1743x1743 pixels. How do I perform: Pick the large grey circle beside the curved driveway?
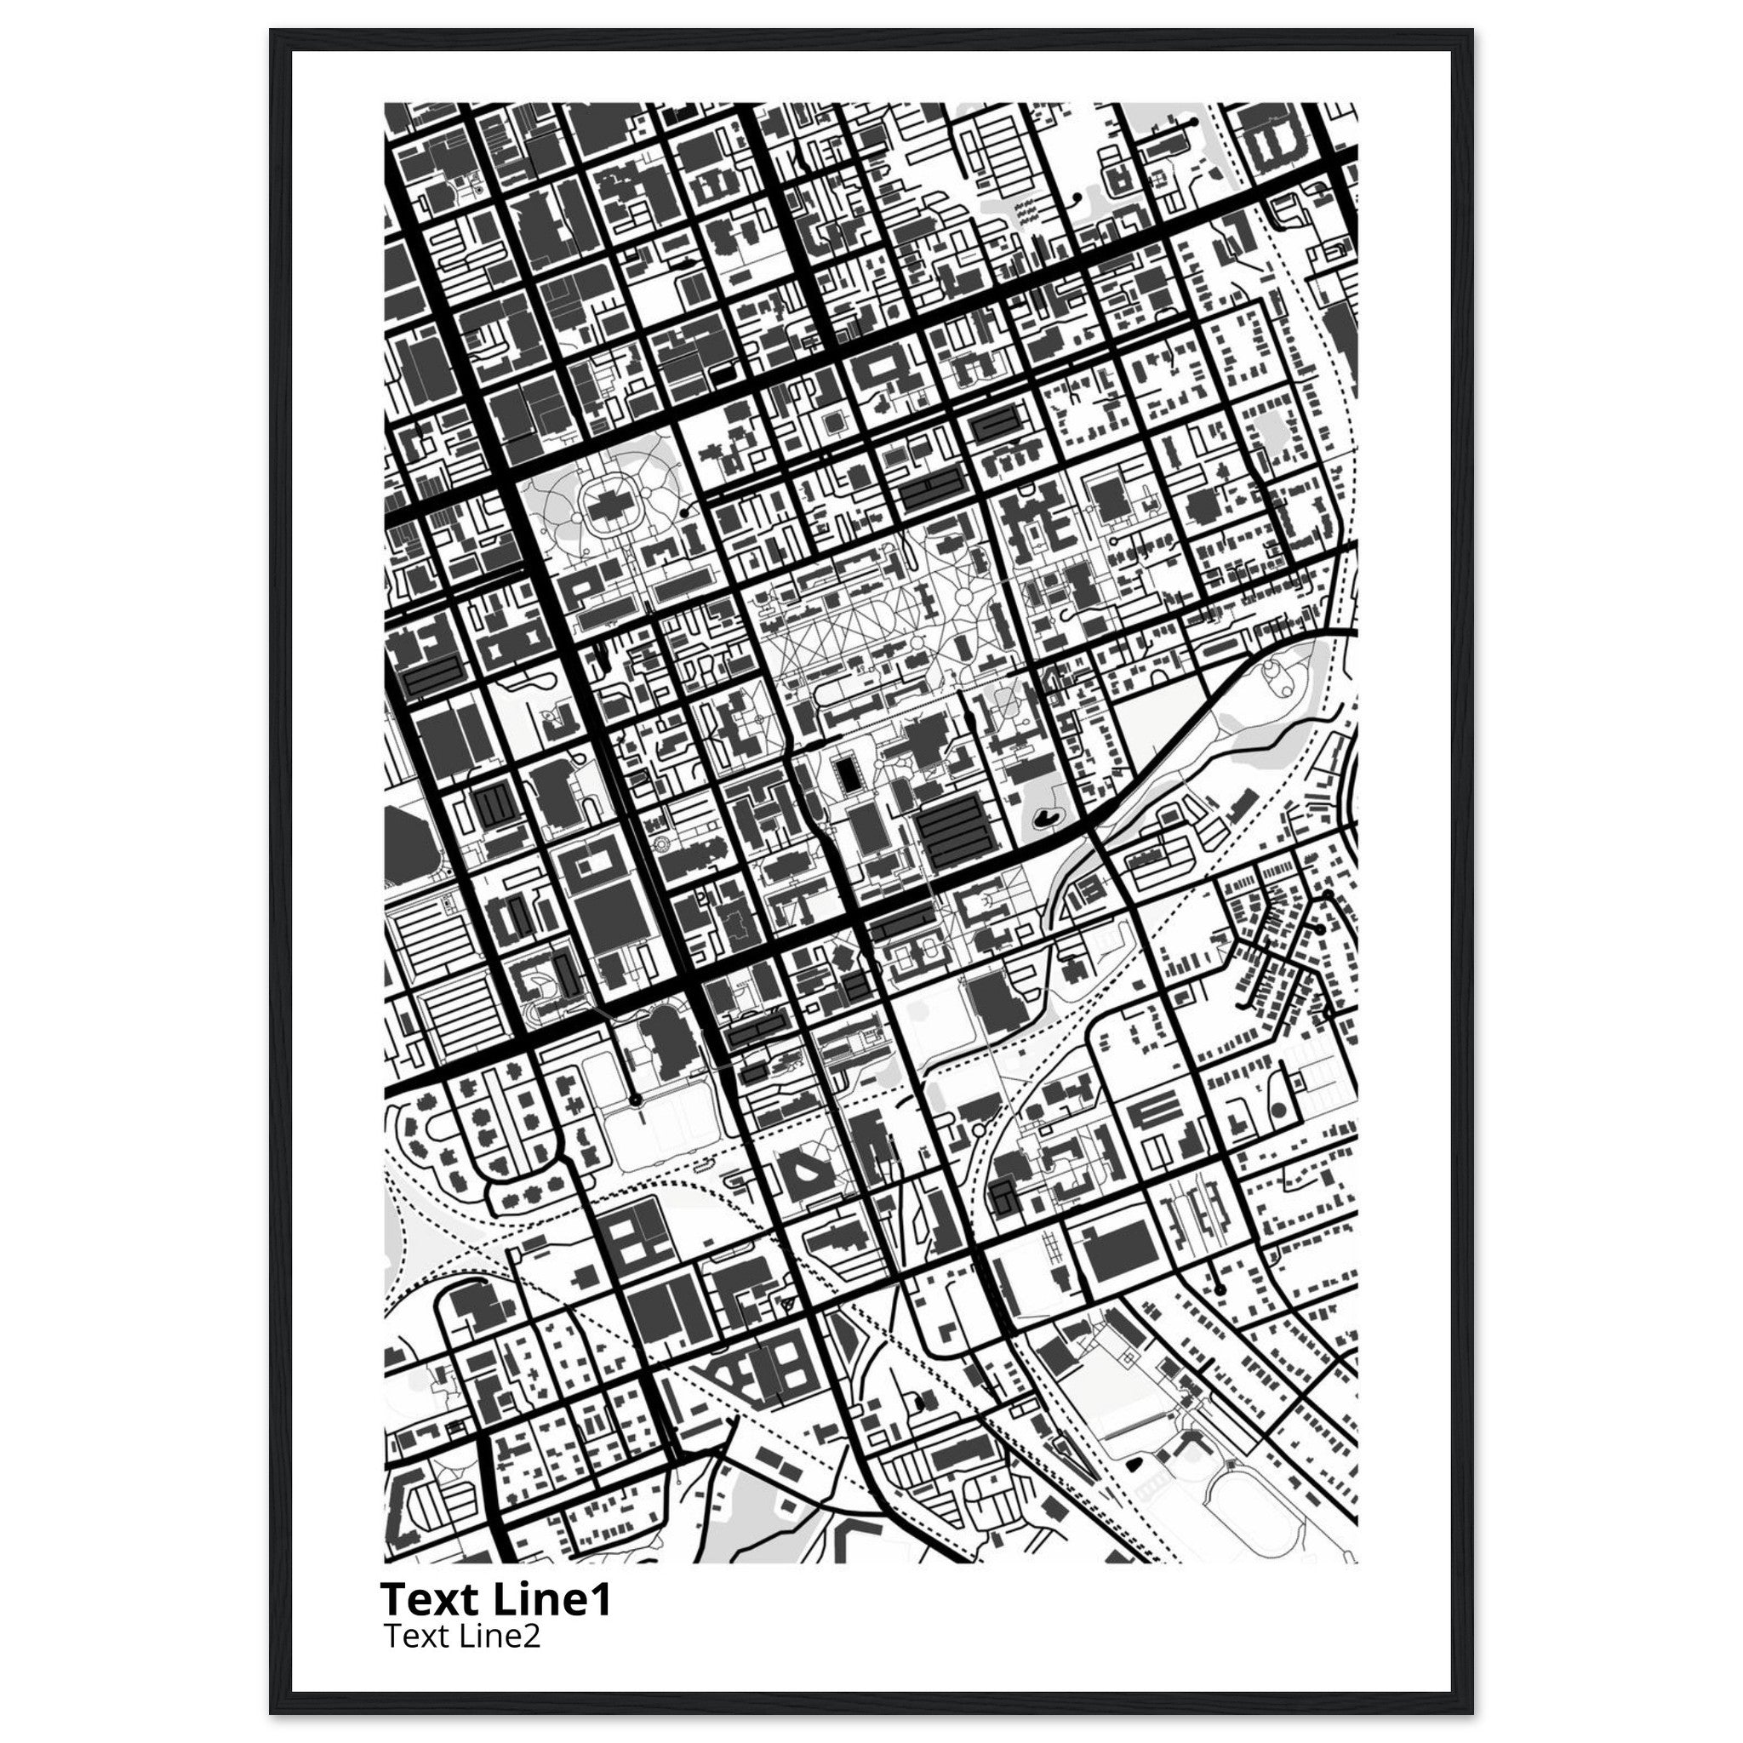1277,1111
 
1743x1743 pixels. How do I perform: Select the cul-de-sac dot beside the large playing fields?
635,1100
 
